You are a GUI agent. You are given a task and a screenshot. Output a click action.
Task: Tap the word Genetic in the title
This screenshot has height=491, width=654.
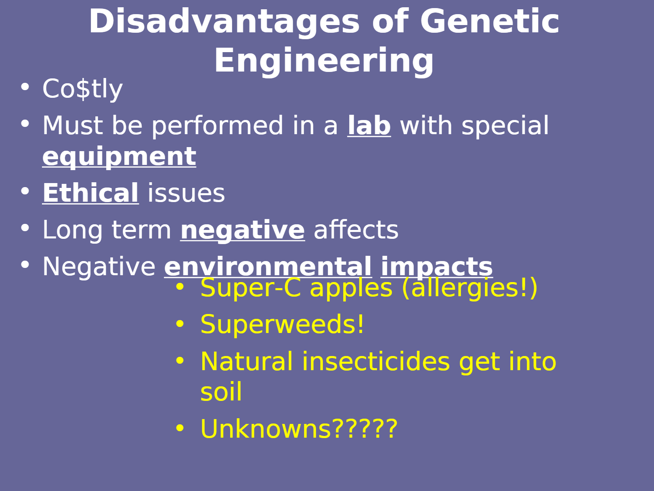coord(490,21)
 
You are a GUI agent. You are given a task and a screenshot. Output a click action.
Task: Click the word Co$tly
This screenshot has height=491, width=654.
coord(82,89)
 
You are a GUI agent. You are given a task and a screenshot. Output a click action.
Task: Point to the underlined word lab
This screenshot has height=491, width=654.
coord(369,126)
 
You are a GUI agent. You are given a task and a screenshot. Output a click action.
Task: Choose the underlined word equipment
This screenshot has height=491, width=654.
coord(119,158)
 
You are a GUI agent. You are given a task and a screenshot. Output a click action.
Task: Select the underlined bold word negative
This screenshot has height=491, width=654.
coord(243,230)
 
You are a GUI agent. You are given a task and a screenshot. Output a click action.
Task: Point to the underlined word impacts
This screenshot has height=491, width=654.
coord(437,268)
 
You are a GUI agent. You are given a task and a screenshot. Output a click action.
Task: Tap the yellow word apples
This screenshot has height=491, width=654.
coord(351,289)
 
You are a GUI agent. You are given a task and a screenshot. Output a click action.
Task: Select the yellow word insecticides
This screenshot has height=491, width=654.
coord(376,362)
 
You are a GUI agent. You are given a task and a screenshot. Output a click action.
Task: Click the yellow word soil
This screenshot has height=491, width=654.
coord(221,392)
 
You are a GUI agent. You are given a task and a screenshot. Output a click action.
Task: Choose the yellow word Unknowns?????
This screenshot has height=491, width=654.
coord(299,429)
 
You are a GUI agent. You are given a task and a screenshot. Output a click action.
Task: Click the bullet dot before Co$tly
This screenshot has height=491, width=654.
coord(25,87)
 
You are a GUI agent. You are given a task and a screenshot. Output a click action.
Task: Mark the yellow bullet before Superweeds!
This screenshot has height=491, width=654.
coord(180,323)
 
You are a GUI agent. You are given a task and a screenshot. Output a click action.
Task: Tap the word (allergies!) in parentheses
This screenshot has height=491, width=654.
coord(470,288)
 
